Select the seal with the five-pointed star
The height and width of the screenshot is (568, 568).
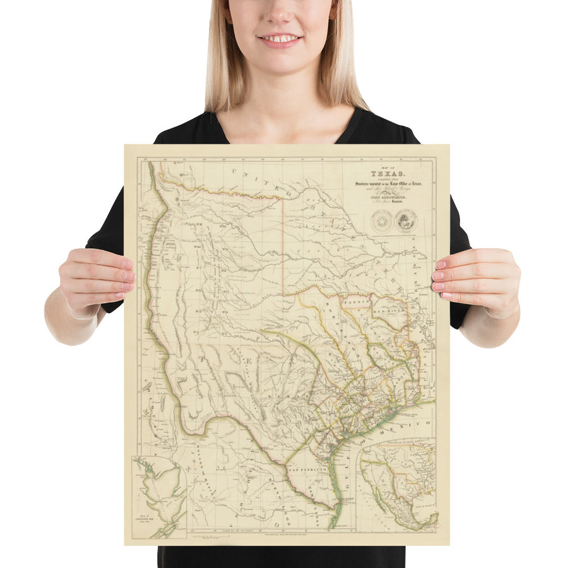pyautogui.click(x=381, y=220)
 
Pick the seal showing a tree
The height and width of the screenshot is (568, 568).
pyautogui.click(x=405, y=220)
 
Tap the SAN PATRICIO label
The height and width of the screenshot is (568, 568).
pyautogui.click(x=307, y=471)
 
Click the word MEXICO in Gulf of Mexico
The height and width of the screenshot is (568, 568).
pyautogui.click(x=413, y=423)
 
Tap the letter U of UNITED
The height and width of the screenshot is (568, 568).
pyautogui.click(x=234, y=170)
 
